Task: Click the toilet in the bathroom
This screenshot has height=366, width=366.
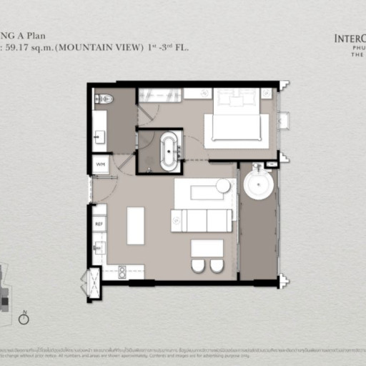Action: (104, 99)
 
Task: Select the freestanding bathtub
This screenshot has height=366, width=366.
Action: (169, 151)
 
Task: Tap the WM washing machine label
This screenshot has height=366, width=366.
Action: (99, 164)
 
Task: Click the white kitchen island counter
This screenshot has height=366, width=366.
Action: (135, 225)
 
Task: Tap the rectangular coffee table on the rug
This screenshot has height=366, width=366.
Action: (206, 192)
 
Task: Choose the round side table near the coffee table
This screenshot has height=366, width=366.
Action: (223, 186)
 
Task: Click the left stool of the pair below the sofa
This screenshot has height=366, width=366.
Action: (199, 266)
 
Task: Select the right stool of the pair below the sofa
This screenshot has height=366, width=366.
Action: (217, 266)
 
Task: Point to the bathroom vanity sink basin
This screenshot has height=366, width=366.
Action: (99, 137)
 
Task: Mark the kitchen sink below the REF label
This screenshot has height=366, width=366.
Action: (99, 247)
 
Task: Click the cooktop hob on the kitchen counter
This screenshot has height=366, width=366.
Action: (122, 272)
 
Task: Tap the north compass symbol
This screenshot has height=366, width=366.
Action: (24, 319)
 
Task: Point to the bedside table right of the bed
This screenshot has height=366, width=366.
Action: (267, 93)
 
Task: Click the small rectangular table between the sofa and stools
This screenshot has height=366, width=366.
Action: (207, 248)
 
